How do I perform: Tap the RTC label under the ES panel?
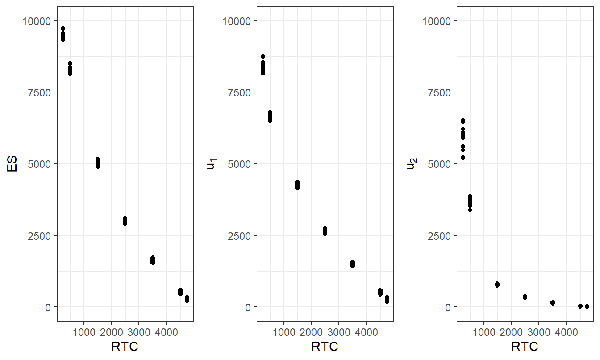pyautogui.click(x=125, y=347)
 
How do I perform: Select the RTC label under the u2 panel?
pyautogui.click(x=525, y=347)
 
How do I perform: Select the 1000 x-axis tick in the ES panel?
pyautogui.click(x=84, y=332)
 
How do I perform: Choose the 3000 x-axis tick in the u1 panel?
pyautogui.click(x=339, y=332)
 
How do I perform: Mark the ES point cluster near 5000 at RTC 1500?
pyautogui.click(x=98, y=163)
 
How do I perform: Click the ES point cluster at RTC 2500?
pyautogui.click(x=125, y=221)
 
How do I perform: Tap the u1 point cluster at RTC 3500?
pyautogui.click(x=353, y=264)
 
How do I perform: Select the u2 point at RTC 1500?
pyautogui.click(x=497, y=285)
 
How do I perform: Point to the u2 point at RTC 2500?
pyautogui.click(x=525, y=297)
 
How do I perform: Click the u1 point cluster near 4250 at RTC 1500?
pyautogui.click(x=297, y=185)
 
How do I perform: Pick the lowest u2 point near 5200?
pyautogui.click(x=463, y=158)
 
